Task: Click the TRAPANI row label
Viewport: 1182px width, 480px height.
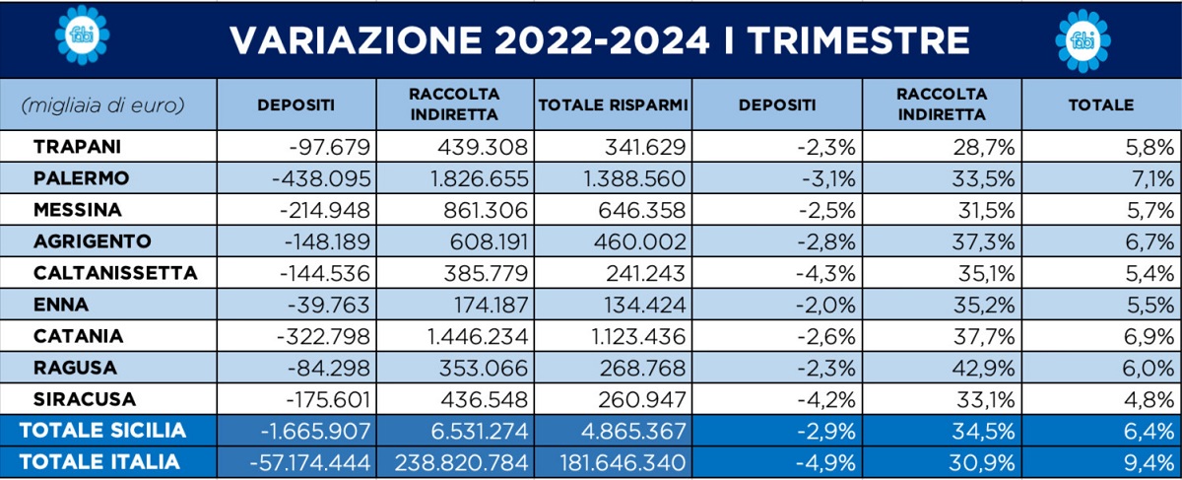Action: click(x=78, y=148)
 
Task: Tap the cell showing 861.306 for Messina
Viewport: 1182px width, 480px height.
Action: click(x=481, y=210)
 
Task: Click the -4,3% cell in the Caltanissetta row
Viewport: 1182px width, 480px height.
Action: click(x=827, y=273)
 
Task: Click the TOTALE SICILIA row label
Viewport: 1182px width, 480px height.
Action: click(x=102, y=431)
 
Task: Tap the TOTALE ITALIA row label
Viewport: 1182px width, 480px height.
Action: click(x=99, y=461)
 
